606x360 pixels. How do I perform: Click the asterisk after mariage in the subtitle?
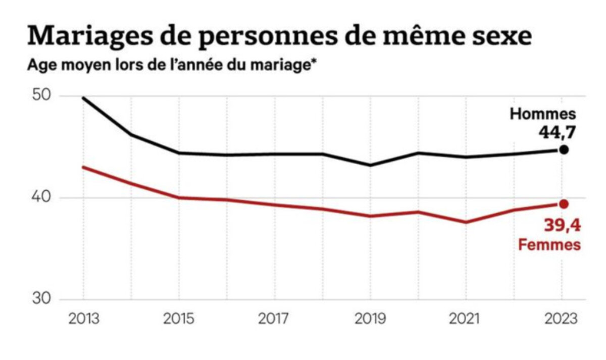[310, 64]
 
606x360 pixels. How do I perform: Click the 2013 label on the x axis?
[83, 319]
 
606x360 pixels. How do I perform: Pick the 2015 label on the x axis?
[178, 319]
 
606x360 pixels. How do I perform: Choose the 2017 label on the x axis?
[274, 319]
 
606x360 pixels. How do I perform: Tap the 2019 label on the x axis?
[370, 319]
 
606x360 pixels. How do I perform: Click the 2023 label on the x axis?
[562, 319]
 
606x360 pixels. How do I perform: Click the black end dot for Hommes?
[564, 150]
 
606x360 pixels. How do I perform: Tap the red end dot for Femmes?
[564, 204]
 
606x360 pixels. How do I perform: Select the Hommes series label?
[542, 115]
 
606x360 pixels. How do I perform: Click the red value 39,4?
[562, 226]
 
